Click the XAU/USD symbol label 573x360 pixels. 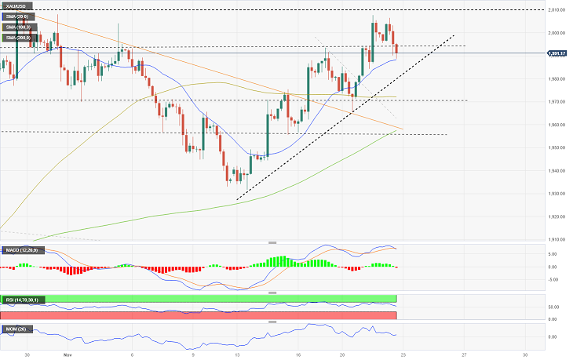coord(18,6)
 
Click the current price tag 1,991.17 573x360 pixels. coord(558,53)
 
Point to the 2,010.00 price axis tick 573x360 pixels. coord(557,10)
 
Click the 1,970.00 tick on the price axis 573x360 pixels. coord(557,102)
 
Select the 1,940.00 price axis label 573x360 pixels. coord(557,171)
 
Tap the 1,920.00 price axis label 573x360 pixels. coord(557,216)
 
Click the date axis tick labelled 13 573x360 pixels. coord(236,354)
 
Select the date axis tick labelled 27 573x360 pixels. coord(464,354)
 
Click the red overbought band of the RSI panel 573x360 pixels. coord(196,315)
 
